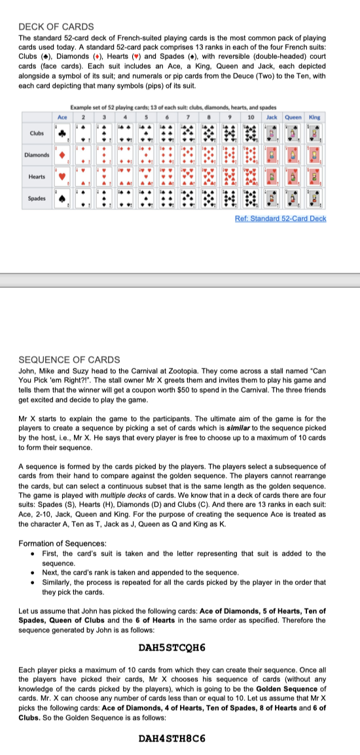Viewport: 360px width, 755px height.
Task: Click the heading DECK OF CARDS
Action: pyautogui.click(x=56, y=27)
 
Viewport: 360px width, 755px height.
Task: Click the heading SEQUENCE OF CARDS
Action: pyautogui.click(x=69, y=359)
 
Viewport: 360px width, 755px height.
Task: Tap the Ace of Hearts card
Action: pyautogui.click(x=63, y=177)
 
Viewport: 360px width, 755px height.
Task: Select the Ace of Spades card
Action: pyautogui.click(x=63, y=199)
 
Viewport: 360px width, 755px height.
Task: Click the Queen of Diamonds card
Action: pyautogui.click(x=294, y=156)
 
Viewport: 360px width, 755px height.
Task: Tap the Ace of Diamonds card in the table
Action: pyautogui.click(x=63, y=156)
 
